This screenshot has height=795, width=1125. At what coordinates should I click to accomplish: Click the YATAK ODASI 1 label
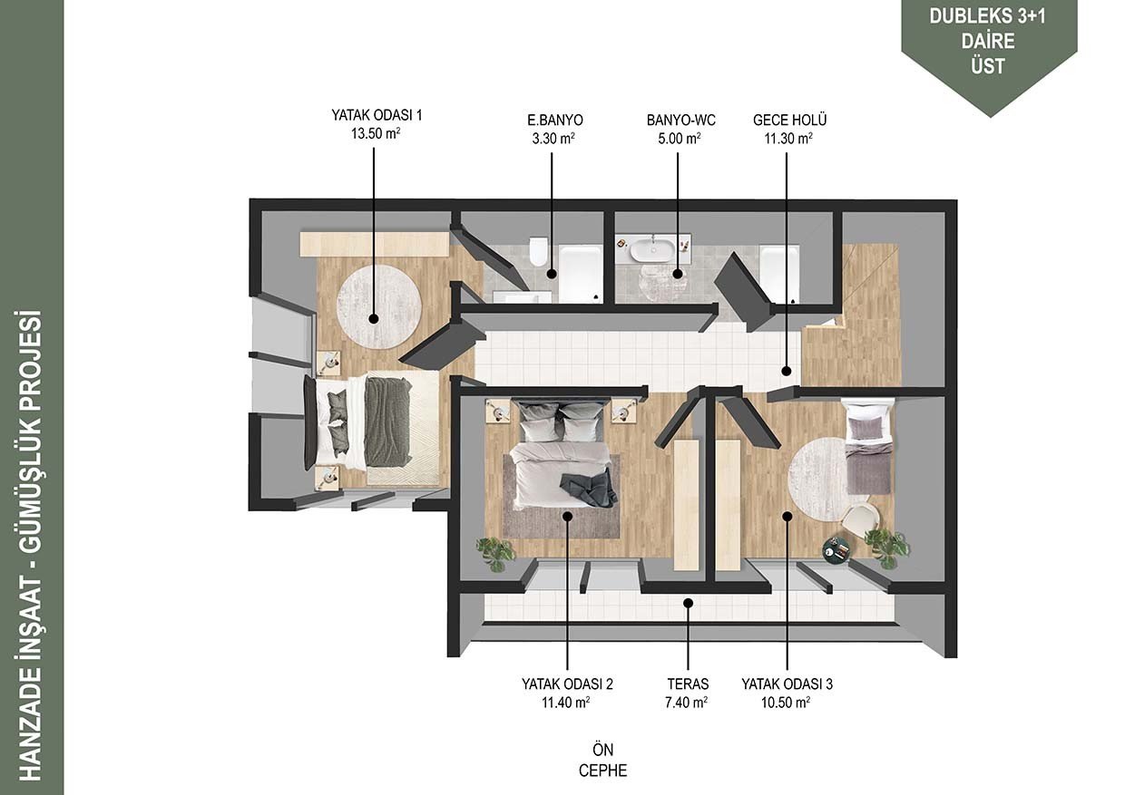377,115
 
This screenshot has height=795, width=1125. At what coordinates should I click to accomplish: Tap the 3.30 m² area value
553,139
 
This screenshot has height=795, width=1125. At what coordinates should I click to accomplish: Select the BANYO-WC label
681,121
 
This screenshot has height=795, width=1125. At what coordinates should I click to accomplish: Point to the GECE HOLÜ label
789,120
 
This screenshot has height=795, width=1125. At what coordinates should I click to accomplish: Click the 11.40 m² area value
566,703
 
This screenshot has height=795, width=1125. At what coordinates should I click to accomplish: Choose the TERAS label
688,684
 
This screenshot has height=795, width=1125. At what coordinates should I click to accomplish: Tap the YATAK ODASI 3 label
787,684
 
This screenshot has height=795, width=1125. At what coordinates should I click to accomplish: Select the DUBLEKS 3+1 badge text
987,16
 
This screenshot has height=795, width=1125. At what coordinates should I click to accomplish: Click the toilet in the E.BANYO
538,251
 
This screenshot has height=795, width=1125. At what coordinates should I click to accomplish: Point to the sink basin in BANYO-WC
653,249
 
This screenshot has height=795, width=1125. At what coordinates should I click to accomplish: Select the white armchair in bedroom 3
860,519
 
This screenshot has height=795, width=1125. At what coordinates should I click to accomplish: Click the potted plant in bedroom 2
496,553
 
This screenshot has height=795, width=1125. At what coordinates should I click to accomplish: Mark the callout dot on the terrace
689,603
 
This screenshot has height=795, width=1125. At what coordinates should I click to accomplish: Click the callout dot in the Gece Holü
787,372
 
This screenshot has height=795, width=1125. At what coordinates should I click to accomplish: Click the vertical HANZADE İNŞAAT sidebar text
31,546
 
